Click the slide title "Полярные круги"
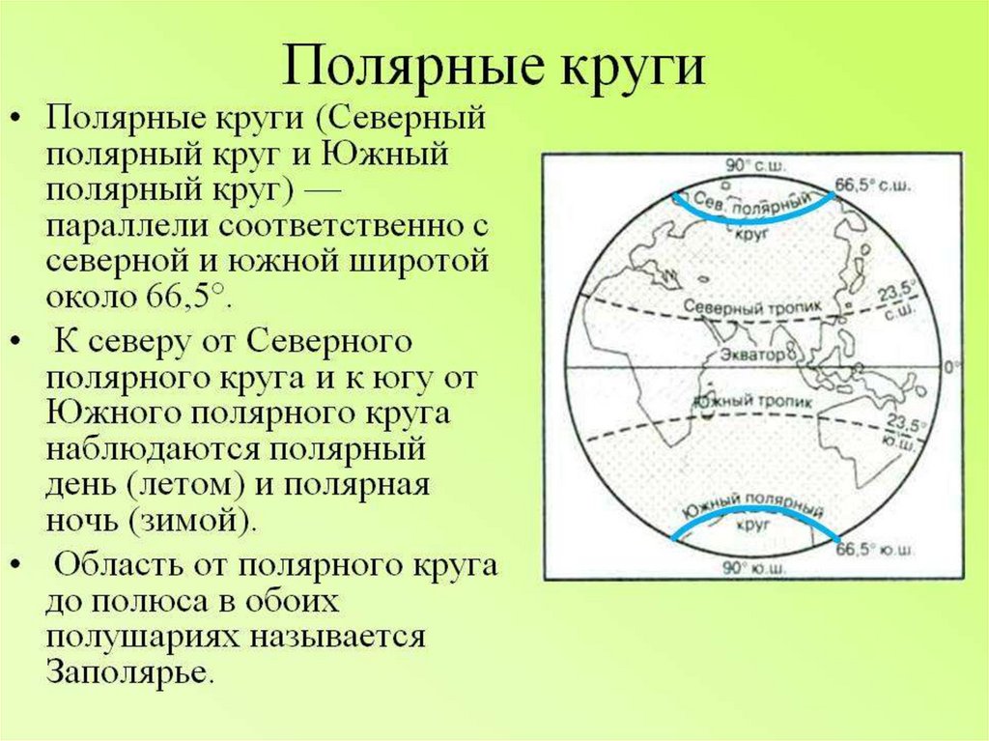[x=493, y=65]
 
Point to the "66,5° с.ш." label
[x=873, y=185]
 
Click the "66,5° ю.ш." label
[x=875, y=550]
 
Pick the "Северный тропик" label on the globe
[x=753, y=307]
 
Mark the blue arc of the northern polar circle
[x=754, y=220]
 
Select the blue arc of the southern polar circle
[x=754, y=509]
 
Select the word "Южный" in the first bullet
[x=385, y=154]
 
